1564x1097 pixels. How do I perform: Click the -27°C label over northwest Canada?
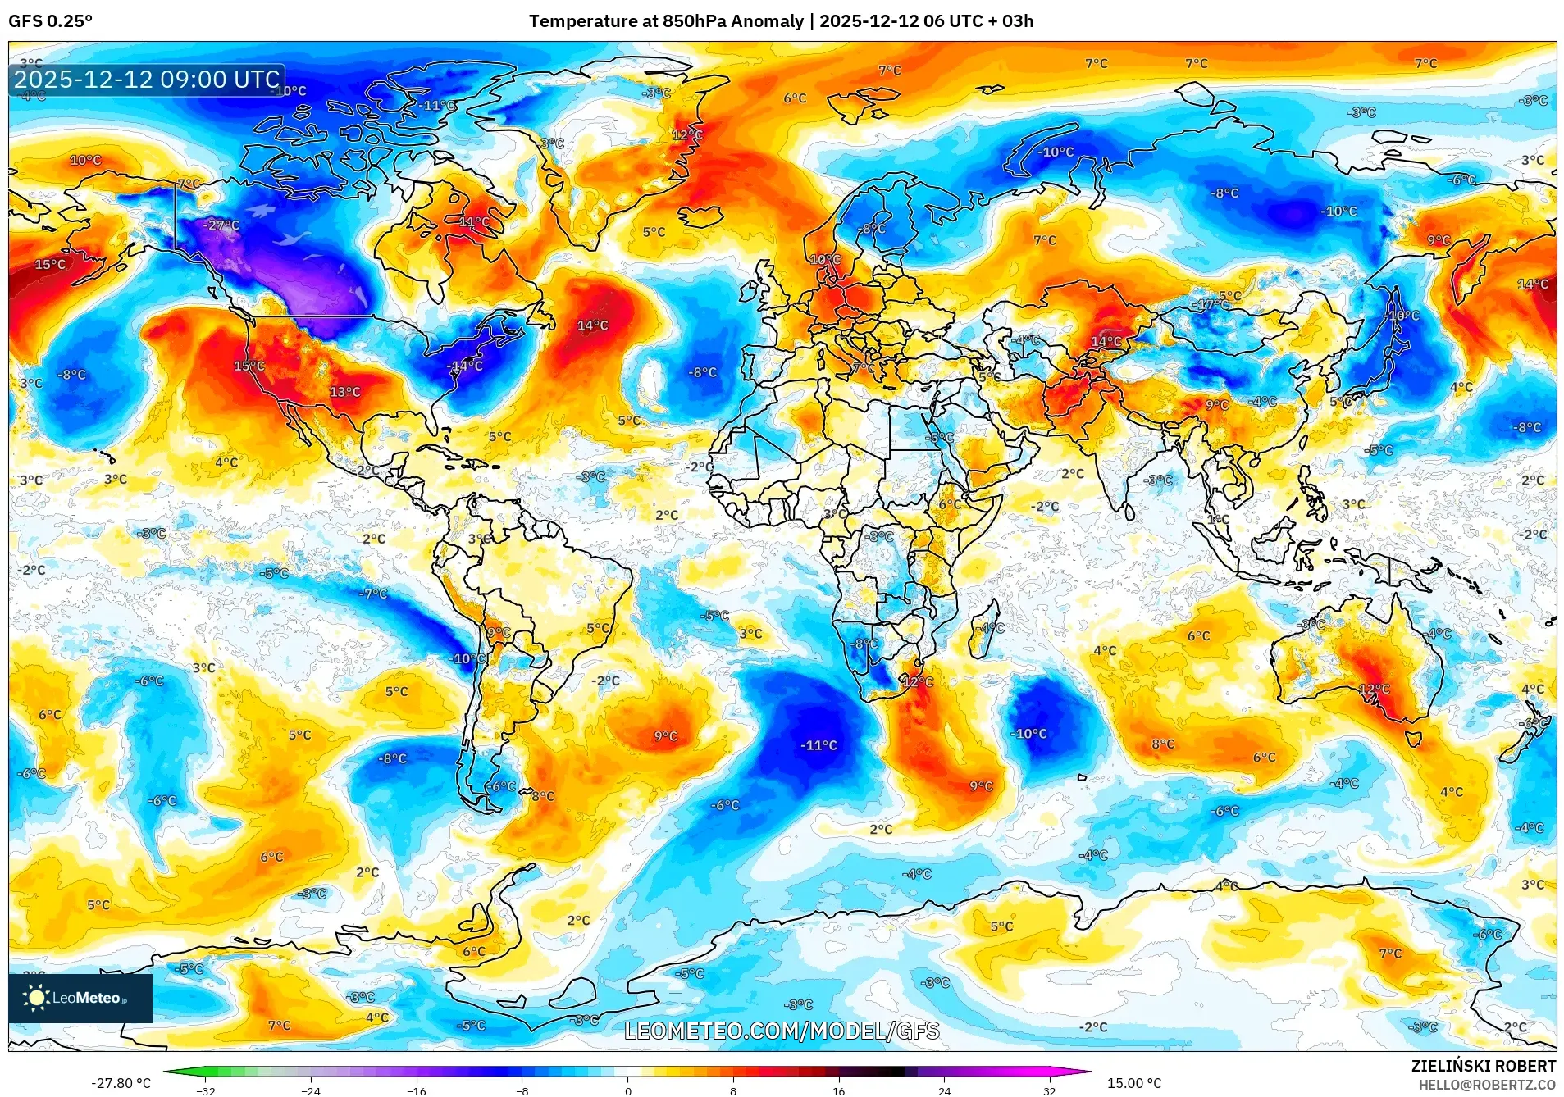click(x=221, y=225)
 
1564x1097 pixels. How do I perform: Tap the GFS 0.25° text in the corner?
click(x=50, y=21)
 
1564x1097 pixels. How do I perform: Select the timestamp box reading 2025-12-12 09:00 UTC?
click(x=147, y=80)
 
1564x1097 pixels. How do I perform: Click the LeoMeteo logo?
click(x=80, y=998)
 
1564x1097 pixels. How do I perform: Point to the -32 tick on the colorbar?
click(x=206, y=1090)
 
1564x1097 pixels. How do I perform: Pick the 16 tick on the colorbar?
click(x=838, y=1090)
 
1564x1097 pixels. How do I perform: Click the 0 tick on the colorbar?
click(x=628, y=1090)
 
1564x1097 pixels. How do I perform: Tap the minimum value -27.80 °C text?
click(x=121, y=1083)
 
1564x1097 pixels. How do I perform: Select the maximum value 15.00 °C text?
click(x=1134, y=1083)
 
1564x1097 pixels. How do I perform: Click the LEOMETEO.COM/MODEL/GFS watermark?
click(x=782, y=1031)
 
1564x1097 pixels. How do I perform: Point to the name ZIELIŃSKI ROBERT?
click(x=1483, y=1066)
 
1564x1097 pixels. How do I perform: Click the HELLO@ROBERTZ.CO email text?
click(x=1487, y=1085)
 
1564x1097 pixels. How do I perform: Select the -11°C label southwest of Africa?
click(x=818, y=745)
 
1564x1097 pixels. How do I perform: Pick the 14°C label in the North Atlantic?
click(x=592, y=325)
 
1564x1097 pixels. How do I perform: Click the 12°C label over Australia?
click(x=1374, y=690)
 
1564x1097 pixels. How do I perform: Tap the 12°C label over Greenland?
click(x=686, y=135)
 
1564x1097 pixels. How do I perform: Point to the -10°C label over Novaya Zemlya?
click(x=1056, y=152)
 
